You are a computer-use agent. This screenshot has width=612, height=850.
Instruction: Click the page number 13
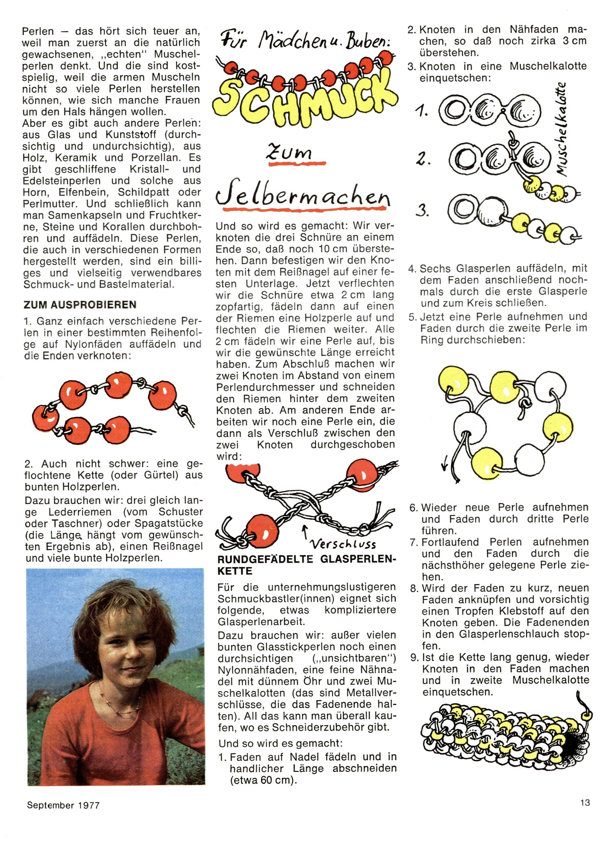(585, 802)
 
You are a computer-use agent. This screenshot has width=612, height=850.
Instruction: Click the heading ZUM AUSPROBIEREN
(80, 304)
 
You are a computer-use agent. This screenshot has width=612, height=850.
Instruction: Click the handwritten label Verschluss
(343, 544)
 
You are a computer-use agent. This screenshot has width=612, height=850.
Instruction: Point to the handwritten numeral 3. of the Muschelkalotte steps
(423, 211)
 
